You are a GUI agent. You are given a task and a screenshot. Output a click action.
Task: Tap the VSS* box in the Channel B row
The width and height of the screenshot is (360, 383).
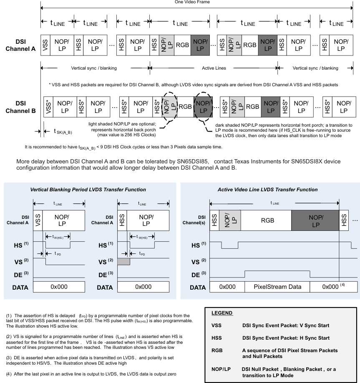(49, 107)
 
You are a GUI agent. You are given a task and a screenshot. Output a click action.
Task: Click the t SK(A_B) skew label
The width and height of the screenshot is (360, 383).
(65, 131)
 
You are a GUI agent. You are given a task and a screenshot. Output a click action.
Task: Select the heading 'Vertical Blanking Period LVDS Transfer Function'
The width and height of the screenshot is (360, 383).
(88, 189)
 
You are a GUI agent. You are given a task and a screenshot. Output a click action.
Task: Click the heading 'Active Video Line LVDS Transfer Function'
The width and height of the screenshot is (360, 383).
(267, 189)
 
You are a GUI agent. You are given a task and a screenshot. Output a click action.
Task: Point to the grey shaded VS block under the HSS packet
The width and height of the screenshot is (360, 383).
(123, 262)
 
